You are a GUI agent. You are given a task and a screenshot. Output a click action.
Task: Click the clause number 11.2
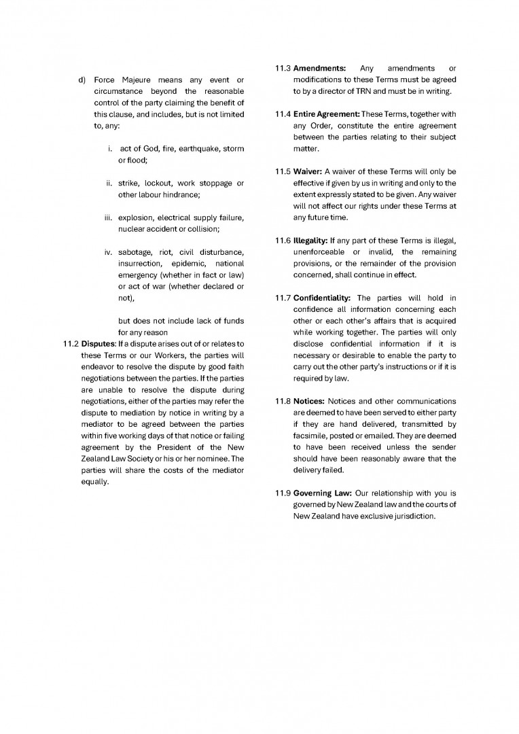(71, 343)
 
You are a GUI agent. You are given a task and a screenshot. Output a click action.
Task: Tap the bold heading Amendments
(320, 69)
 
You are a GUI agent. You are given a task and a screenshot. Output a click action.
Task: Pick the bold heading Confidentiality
(322, 298)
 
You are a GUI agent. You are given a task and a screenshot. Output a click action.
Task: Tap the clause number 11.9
(283, 493)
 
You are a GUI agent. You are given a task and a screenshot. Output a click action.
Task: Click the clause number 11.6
(283, 241)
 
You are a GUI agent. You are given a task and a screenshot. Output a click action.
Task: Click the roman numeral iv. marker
(109, 252)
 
